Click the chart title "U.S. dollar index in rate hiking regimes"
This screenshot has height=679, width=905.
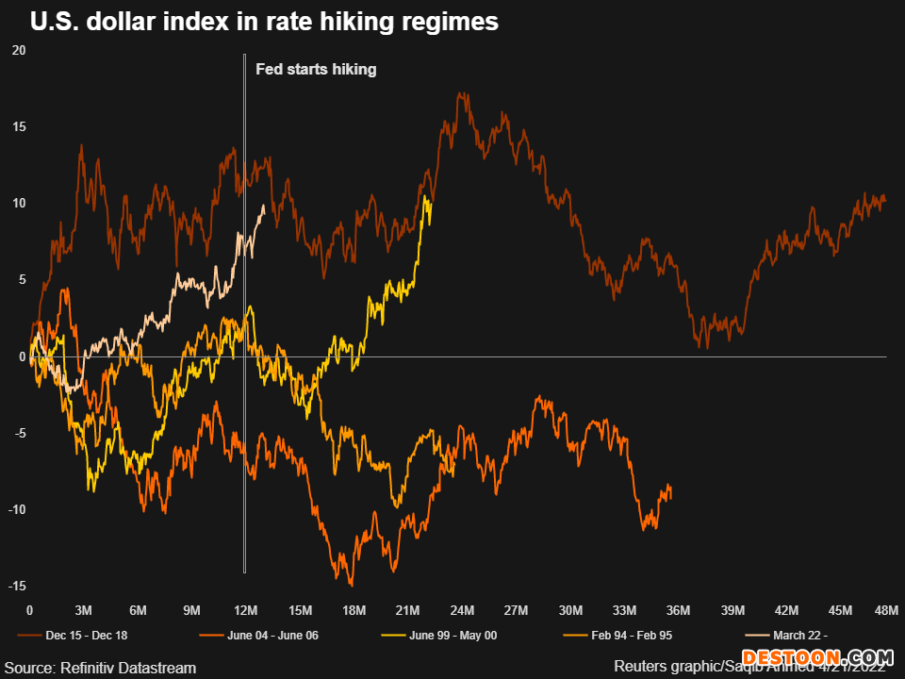(x=264, y=22)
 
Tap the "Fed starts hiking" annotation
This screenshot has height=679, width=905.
(x=316, y=69)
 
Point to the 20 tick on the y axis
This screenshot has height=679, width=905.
(x=19, y=50)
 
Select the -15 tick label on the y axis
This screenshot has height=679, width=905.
(x=17, y=587)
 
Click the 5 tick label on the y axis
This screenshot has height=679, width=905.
(x=21, y=280)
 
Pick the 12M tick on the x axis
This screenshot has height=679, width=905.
(x=246, y=610)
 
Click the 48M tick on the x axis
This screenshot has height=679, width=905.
(x=887, y=610)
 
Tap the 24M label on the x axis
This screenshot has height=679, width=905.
(x=462, y=610)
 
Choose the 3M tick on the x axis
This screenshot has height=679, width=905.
(x=84, y=610)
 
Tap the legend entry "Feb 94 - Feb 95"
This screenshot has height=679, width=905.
(x=625, y=635)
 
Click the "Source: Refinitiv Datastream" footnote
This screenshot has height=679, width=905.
(x=99, y=668)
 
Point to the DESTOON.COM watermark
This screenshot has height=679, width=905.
(x=816, y=657)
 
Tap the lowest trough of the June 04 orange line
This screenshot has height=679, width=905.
(x=351, y=585)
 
